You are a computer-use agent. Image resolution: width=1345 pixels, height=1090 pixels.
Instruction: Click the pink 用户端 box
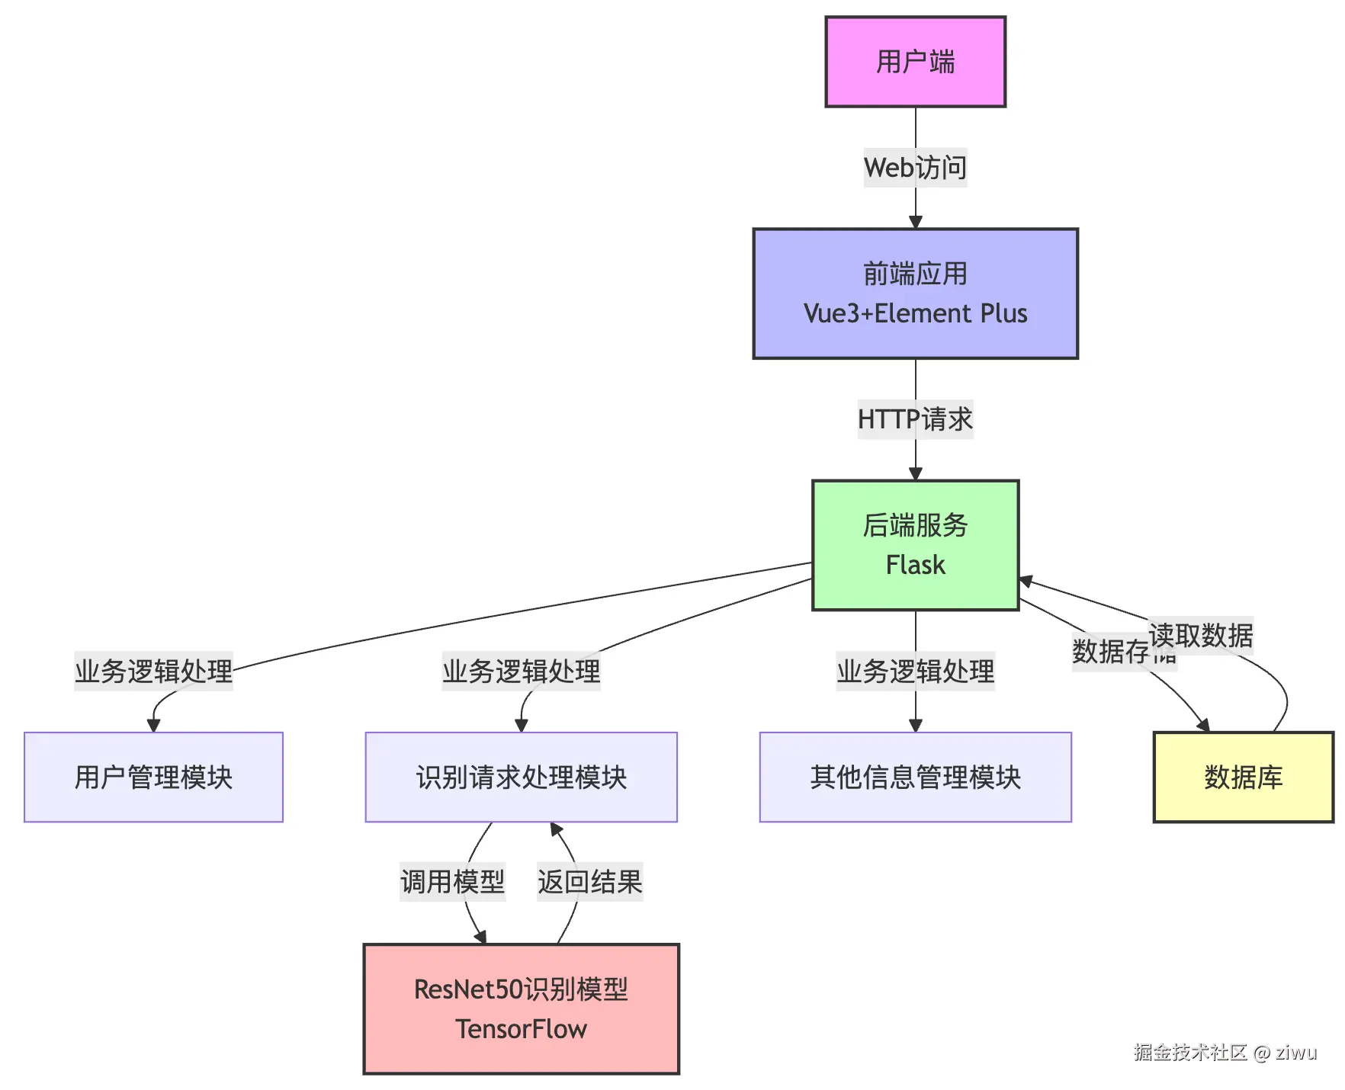(915, 62)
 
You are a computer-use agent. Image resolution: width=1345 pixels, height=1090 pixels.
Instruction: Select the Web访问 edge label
(915, 168)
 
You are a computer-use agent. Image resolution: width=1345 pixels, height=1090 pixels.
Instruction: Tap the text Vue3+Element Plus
(915, 313)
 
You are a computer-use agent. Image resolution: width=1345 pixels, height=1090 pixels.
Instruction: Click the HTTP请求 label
(915, 419)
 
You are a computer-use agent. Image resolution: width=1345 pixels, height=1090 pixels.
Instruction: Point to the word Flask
(915, 565)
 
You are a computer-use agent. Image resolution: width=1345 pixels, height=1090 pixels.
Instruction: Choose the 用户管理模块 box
(153, 777)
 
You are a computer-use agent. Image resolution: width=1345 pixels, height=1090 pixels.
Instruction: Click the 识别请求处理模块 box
(521, 777)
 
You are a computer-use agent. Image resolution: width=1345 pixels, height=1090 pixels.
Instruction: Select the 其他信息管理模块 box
(915, 777)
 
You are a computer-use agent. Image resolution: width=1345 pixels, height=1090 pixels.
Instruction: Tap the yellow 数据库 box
(1243, 777)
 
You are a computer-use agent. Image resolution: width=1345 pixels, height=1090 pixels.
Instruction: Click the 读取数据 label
(1201, 635)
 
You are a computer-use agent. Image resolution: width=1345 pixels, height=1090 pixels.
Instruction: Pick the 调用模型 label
(452, 882)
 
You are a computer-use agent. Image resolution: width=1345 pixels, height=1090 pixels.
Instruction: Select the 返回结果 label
(589, 882)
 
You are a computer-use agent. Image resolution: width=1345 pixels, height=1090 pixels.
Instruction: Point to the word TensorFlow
(521, 1029)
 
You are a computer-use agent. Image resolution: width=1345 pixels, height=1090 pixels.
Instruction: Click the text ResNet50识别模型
(521, 989)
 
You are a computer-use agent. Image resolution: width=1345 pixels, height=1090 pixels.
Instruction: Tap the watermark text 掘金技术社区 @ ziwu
(1225, 1053)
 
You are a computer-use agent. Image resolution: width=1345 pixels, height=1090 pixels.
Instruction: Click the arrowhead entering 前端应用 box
(916, 222)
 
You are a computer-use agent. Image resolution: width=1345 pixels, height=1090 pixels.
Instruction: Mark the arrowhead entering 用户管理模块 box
(153, 725)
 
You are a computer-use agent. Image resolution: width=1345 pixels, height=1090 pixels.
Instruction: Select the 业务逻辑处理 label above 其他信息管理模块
(915, 672)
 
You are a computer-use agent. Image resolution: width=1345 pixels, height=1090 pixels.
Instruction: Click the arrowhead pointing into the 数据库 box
(1203, 725)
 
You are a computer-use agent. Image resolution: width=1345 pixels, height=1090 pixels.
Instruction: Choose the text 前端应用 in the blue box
(915, 274)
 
